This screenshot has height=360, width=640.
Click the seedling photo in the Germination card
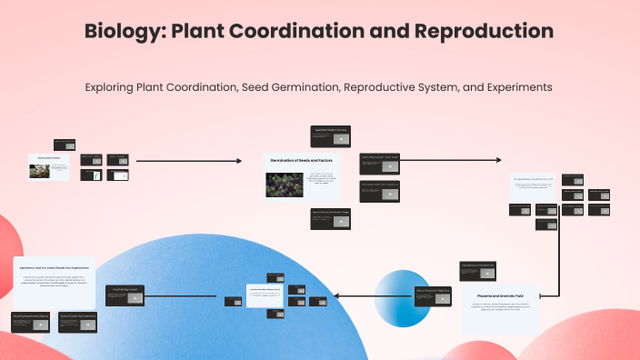click(284, 185)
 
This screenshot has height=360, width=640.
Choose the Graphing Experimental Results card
click(32, 320)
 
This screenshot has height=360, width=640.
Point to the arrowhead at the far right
click(497, 160)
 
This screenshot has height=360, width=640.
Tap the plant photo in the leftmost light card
click(40, 170)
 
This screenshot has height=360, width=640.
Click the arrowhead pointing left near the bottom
click(337, 295)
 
